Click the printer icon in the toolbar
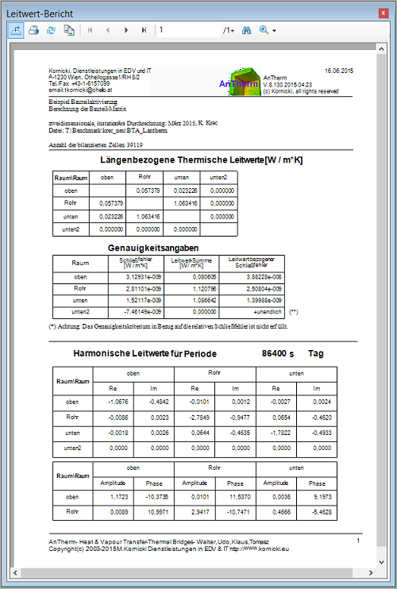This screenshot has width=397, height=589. [x=33, y=30]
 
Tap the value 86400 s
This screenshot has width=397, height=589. [x=276, y=353]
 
